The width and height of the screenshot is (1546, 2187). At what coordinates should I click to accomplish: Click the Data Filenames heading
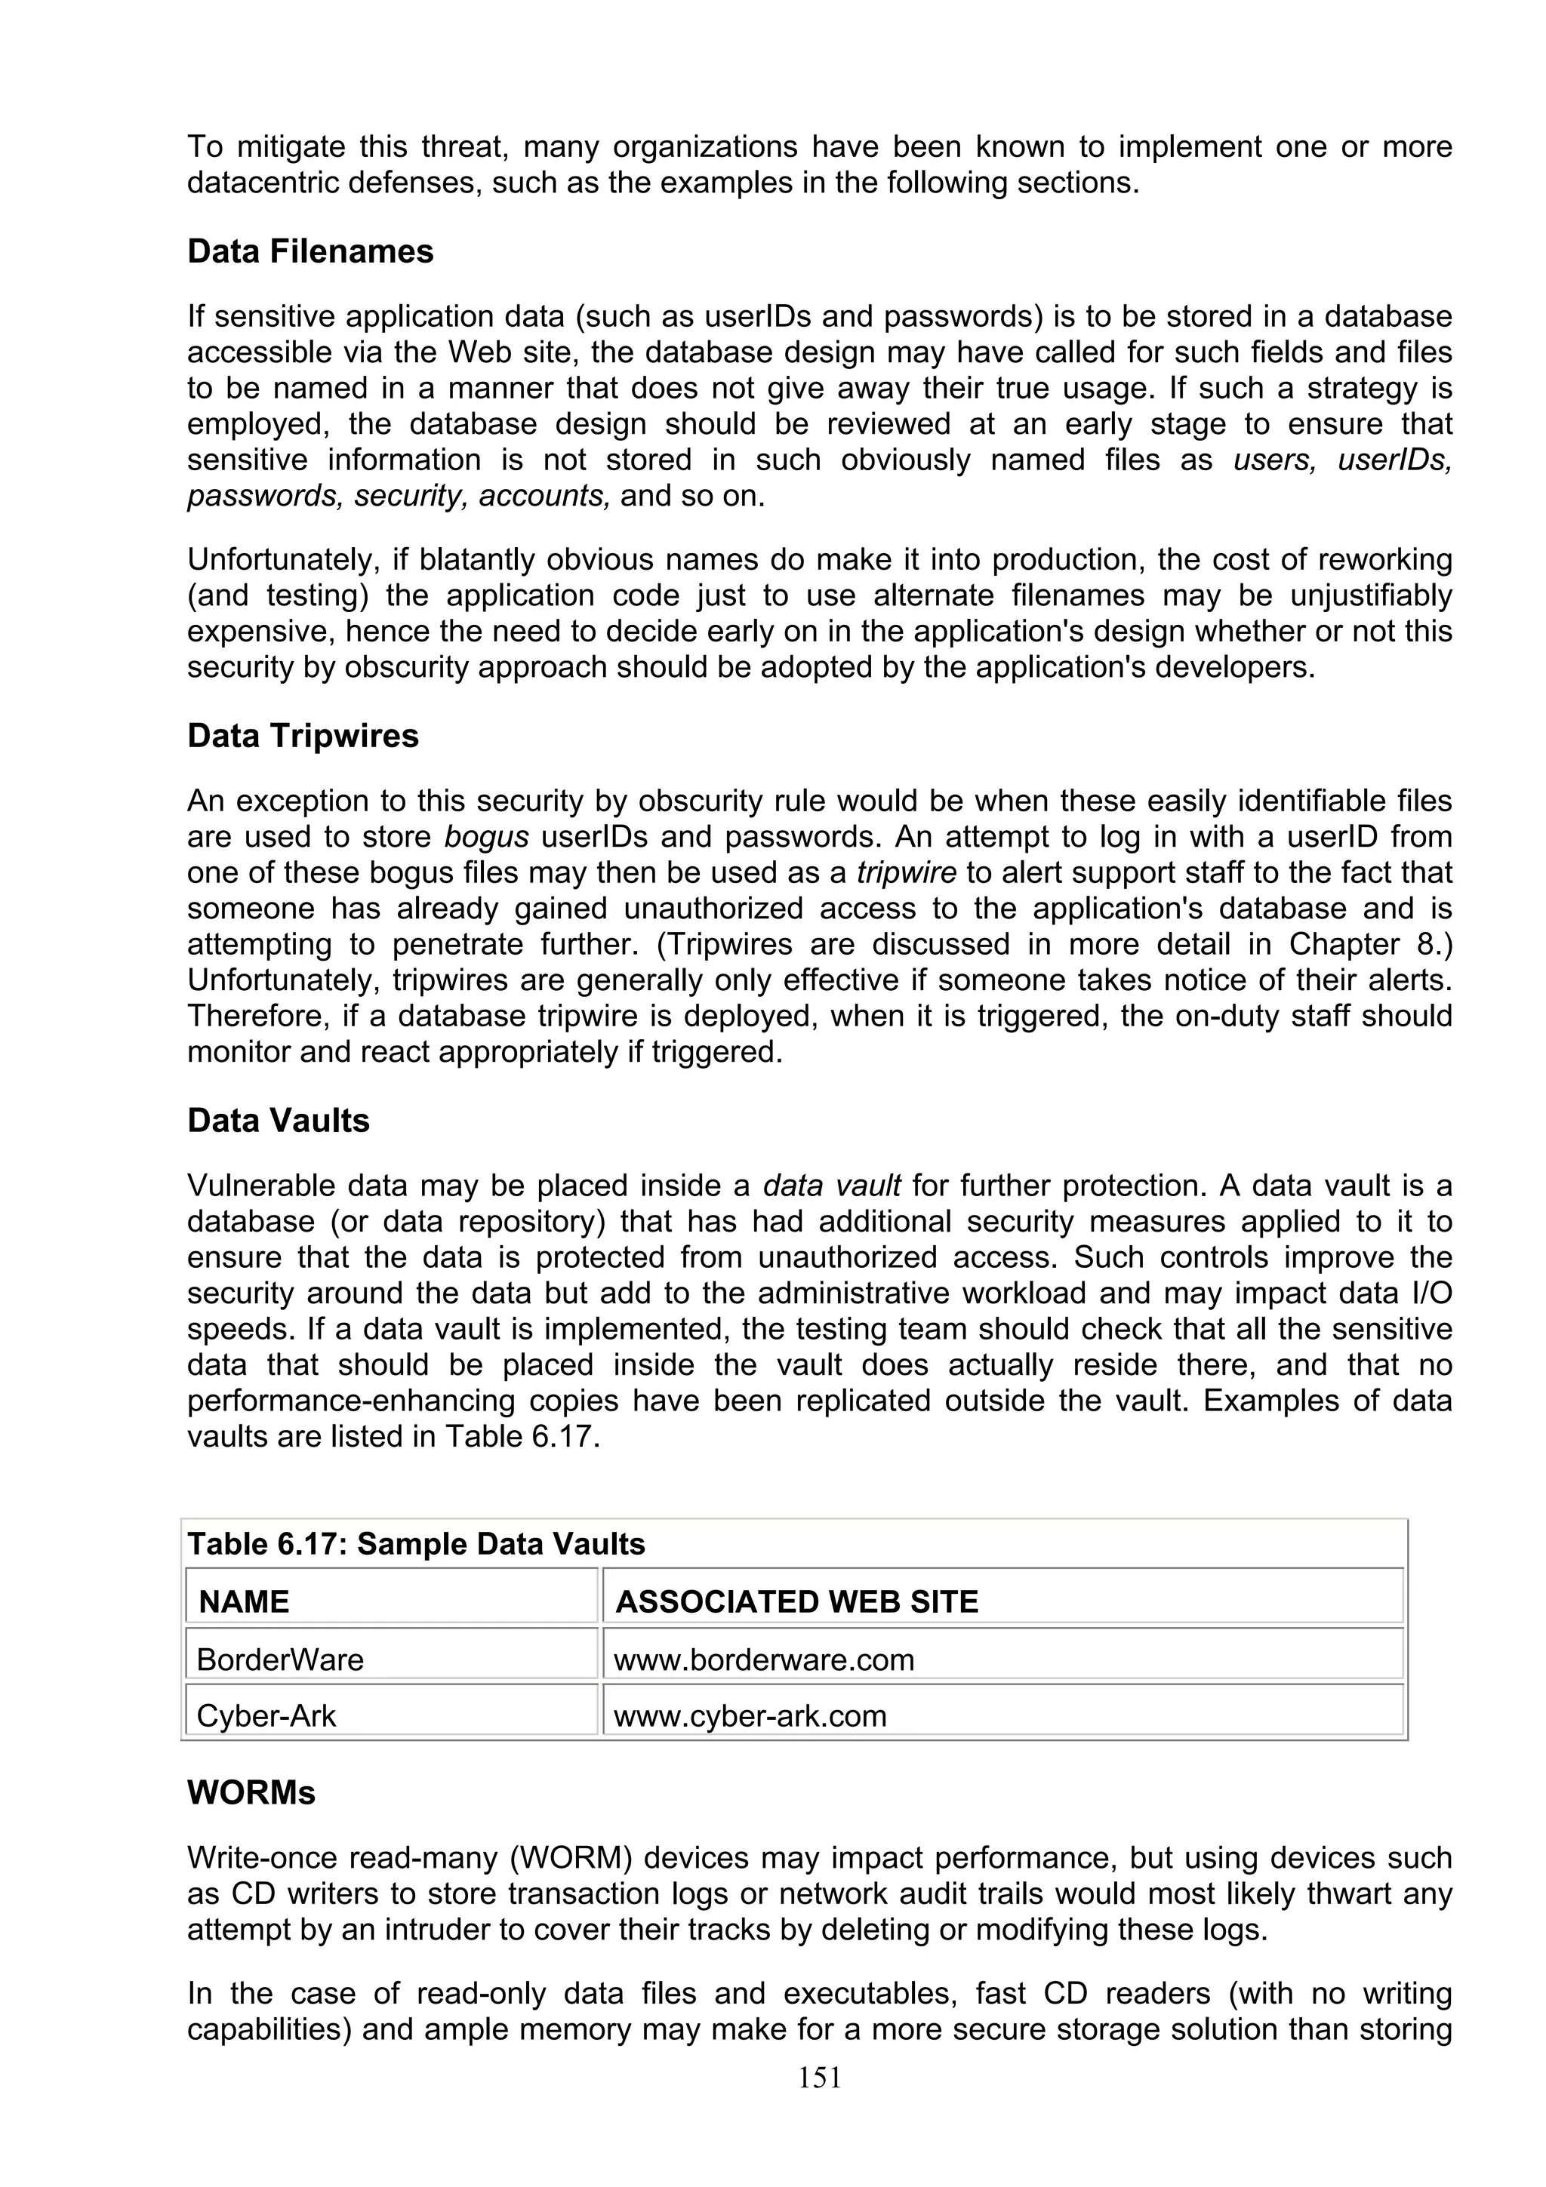click(310, 251)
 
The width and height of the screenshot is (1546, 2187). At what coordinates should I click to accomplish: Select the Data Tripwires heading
click(303, 737)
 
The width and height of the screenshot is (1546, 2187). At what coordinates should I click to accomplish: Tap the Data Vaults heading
click(278, 1121)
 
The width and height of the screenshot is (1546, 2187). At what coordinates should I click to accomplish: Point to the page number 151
click(819, 2078)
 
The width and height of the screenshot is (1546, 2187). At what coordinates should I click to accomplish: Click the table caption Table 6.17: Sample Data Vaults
click(416, 1544)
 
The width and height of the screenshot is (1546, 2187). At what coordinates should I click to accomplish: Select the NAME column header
click(244, 1602)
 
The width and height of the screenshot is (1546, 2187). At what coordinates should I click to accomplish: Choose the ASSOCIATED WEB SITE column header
click(796, 1602)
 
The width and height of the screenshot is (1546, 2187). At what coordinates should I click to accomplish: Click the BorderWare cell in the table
click(280, 1660)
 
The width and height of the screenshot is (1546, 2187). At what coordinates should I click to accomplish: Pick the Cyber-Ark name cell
click(266, 1716)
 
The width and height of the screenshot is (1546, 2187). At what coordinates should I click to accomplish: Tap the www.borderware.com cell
click(763, 1660)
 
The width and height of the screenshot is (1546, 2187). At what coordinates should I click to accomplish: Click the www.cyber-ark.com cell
click(750, 1716)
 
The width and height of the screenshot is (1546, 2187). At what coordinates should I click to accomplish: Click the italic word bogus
click(486, 837)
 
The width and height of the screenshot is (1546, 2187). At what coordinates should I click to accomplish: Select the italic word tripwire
click(898, 873)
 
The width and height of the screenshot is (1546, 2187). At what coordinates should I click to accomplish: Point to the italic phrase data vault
click(832, 1186)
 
